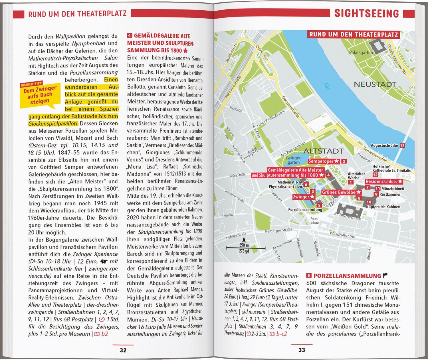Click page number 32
(123, 350)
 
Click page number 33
(302, 350)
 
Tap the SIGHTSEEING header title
(366, 13)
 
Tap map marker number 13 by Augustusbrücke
(402, 145)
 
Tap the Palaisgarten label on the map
(361, 52)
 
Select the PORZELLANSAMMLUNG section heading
(347, 276)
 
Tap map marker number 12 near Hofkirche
(375, 175)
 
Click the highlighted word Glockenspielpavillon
(53, 124)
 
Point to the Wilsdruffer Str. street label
(342, 235)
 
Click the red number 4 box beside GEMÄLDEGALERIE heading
(130, 36)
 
